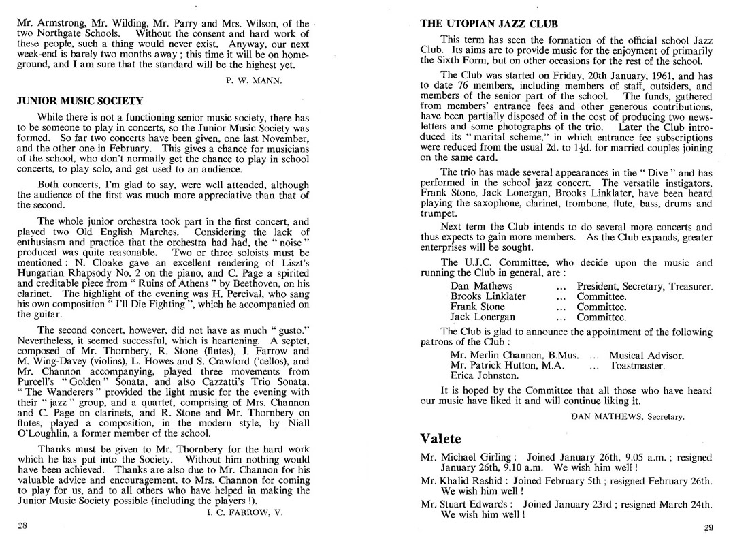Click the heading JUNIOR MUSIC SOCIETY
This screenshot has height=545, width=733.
(80, 101)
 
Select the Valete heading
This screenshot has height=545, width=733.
(440, 438)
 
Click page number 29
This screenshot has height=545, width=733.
(707, 527)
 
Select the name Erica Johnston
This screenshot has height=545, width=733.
(485, 375)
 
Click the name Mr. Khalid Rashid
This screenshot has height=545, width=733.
(459, 480)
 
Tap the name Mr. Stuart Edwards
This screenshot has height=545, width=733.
(463, 504)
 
